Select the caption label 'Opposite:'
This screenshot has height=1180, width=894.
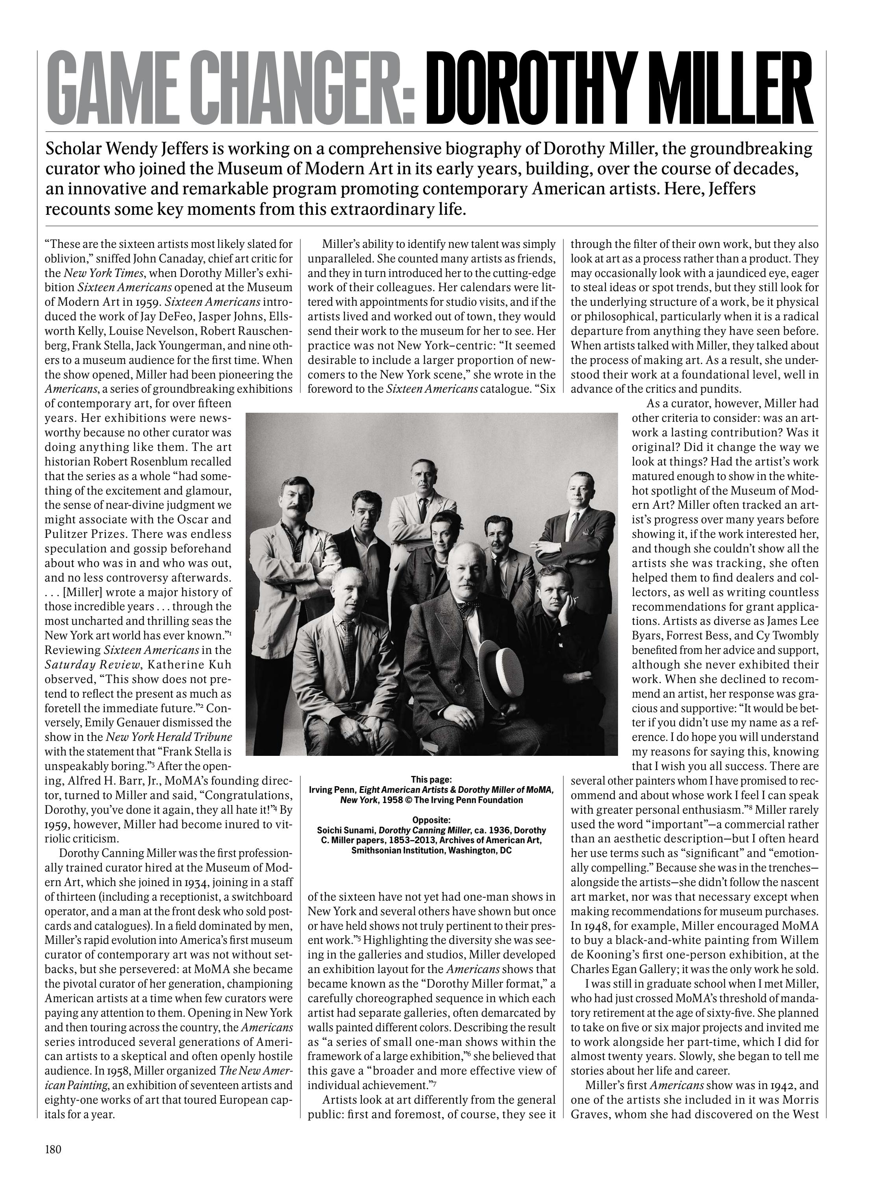point(431,820)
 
